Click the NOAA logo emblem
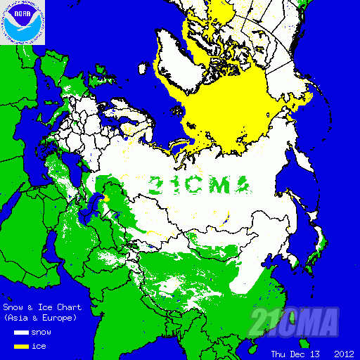(x=23, y=23)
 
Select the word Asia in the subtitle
(x=18, y=319)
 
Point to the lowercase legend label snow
(x=41, y=333)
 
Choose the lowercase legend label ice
(x=39, y=346)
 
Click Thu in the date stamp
(x=280, y=353)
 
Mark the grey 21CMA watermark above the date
(x=295, y=323)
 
